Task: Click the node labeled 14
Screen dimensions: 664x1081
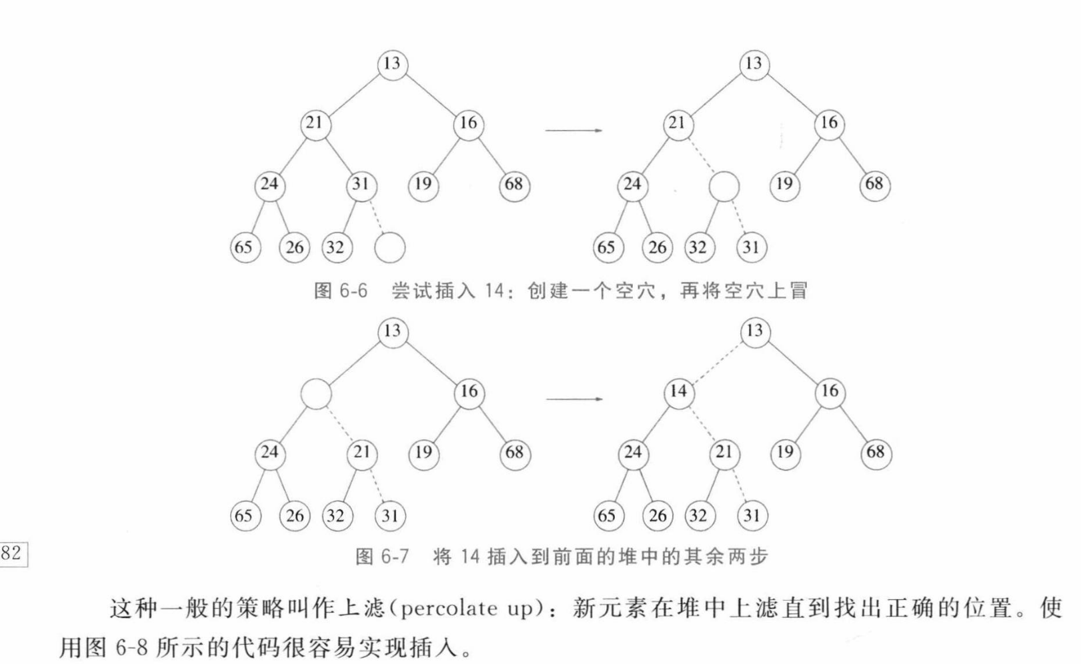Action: [x=678, y=391]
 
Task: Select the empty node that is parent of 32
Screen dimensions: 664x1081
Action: [x=724, y=186]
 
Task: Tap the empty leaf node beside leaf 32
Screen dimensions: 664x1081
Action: [x=389, y=247]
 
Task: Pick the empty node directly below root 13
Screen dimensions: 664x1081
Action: [x=316, y=393]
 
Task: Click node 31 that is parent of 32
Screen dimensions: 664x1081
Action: [x=361, y=184]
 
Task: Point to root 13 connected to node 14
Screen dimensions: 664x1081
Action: [x=754, y=331]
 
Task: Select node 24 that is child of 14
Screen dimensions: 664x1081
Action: [x=632, y=453]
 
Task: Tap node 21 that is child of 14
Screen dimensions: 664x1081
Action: [x=724, y=453]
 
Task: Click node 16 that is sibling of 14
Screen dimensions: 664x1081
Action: [x=830, y=391]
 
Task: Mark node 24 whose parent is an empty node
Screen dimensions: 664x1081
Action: [x=269, y=453]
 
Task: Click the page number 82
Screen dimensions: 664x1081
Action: [x=12, y=553]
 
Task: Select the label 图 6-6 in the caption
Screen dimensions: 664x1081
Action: [x=340, y=291]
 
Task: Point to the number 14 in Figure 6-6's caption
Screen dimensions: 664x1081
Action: [x=494, y=291]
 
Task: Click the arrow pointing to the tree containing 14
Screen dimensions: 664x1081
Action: [x=574, y=399]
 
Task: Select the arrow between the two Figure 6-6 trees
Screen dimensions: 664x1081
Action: [x=574, y=130]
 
